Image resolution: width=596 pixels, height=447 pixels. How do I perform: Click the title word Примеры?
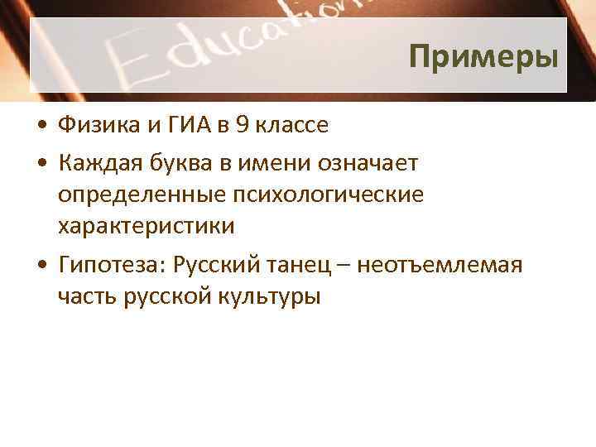tap(483, 57)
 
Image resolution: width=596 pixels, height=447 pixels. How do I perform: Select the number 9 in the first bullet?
tap(241, 125)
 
